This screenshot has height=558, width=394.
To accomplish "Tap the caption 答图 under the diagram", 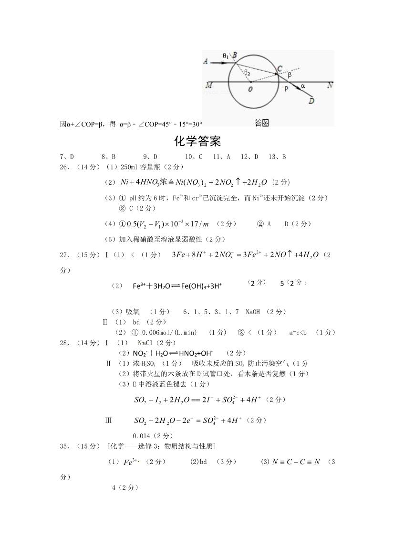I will coord(262,123).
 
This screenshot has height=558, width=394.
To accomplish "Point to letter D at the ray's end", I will coord(311,100).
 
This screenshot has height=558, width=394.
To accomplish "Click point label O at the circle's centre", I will coord(250,89).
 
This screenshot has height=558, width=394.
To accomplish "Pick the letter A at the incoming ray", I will coord(206,61).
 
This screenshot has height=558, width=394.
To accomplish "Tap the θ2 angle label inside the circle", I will coord(247,73).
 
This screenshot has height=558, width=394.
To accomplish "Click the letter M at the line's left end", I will coord(208,85).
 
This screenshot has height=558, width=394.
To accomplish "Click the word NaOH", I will coord(253,312).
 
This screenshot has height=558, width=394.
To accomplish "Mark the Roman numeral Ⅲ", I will coord(108,420).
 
